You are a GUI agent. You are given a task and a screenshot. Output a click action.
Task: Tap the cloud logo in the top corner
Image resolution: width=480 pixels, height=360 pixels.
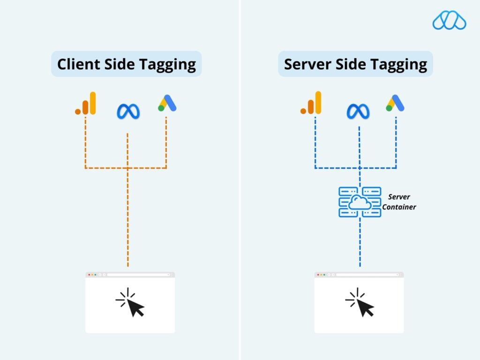point(449,20)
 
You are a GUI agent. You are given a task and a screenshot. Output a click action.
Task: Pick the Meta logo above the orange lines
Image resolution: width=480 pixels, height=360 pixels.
point(128,111)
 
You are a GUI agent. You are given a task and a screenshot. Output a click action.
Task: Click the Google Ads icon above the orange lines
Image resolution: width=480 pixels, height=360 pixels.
point(167,103)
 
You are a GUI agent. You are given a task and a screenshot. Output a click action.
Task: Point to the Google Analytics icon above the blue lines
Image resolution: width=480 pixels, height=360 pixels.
point(311,103)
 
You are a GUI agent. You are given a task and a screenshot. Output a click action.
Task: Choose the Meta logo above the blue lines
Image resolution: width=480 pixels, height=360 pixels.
point(358,111)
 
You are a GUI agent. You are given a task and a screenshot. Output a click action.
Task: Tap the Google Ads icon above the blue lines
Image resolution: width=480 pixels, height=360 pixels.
point(395,103)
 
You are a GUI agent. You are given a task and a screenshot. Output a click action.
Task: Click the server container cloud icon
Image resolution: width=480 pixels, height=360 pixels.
point(360,202)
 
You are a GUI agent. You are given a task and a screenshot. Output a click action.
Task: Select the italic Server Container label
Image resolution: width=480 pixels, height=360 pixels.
point(399,202)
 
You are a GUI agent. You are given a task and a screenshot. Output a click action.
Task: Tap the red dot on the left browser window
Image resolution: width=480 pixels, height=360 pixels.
point(89,275)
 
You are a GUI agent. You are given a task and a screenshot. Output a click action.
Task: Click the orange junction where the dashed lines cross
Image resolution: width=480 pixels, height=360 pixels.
point(127,167)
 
